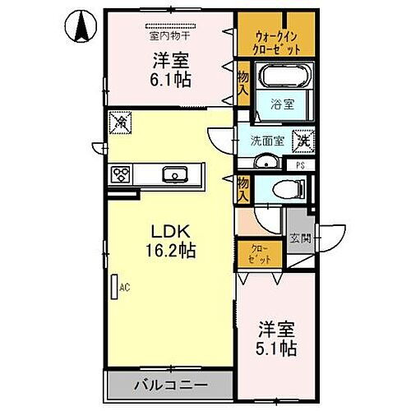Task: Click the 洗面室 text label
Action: pyautogui.click(x=267, y=141)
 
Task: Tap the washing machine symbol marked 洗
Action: pyautogui.click(x=302, y=141)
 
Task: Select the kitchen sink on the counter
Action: pyautogui.click(x=175, y=173)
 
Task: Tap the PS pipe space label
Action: pyautogui.click(x=300, y=164)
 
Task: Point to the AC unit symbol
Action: pyautogui.click(x=114, y=287)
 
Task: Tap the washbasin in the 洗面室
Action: pyautogui.click(x=264, y=162)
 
